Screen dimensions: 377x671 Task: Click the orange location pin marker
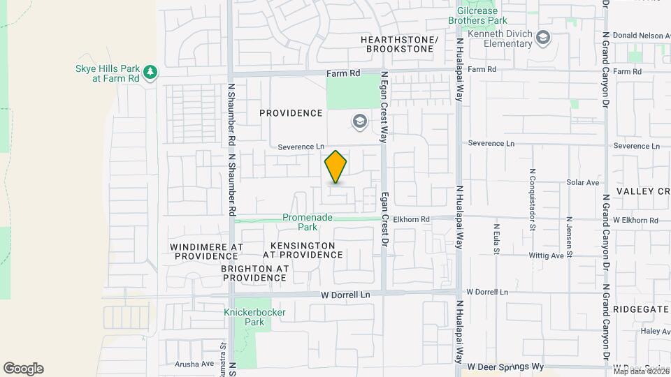pos(335,167)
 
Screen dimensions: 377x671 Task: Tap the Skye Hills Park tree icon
pos(150,72)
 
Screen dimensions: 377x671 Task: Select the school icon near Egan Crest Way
pos(359,122)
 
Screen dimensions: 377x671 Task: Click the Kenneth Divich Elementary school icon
pos(544,37)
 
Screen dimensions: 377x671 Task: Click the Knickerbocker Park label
pos(245,317)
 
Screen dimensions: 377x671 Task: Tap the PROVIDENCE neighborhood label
pos(291,113)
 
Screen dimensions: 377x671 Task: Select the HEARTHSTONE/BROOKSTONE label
pos(399,45)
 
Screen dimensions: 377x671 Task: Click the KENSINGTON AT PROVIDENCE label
pos(303,251)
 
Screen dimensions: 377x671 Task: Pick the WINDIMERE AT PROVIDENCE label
pos(207,252)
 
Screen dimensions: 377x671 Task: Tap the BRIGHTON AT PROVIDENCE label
pos(253,273)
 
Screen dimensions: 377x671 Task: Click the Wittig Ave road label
pos(547,256)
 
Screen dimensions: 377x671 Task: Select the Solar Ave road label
pos(583,182)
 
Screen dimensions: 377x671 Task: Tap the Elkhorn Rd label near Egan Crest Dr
pos(410,219)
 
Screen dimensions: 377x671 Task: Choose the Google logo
pos(23,369)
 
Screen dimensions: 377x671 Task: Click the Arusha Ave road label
pos(194,364)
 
